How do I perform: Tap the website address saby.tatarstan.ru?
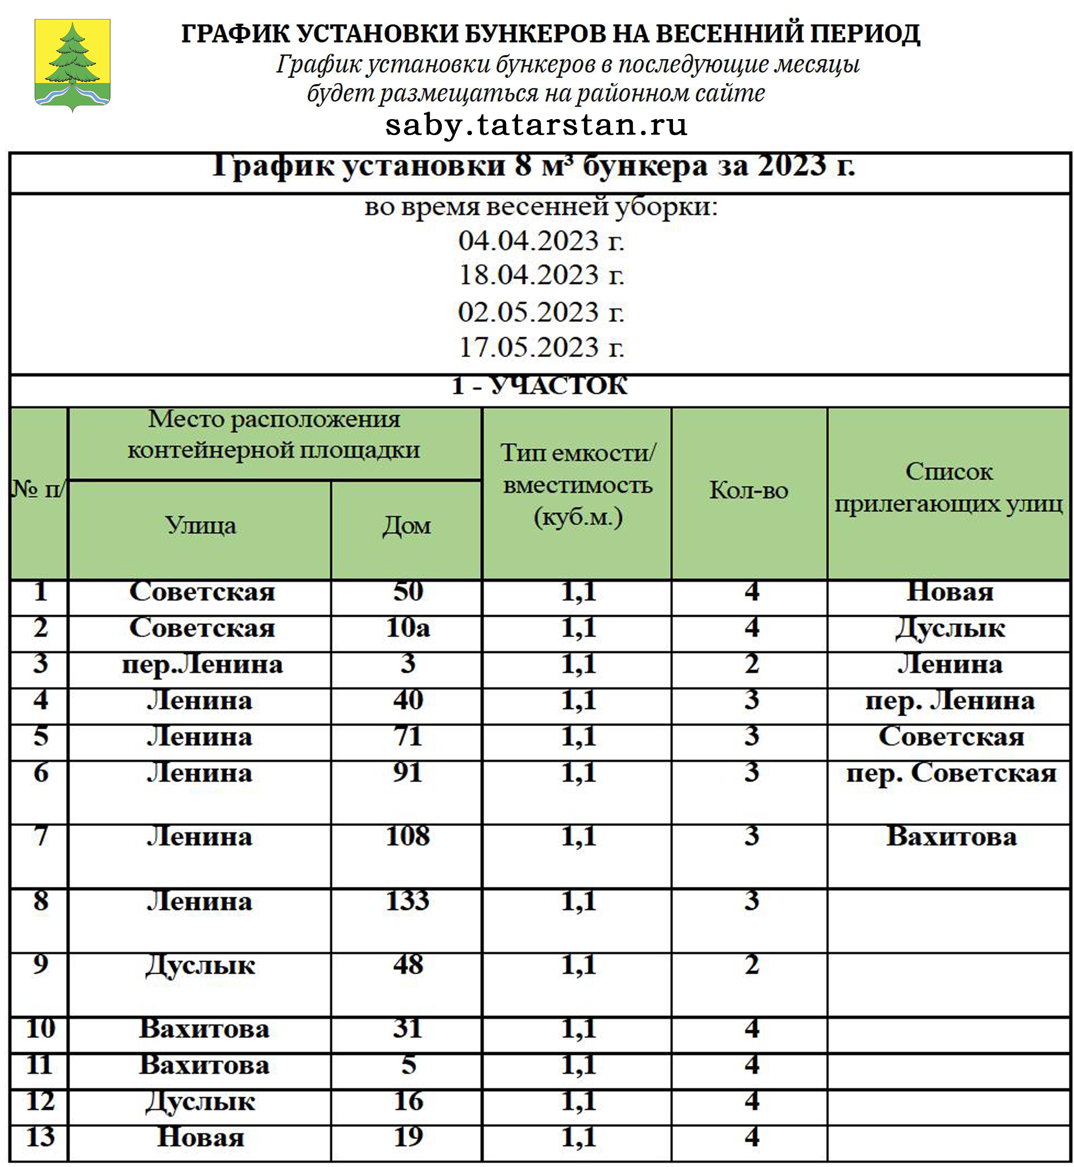tap(536, 125)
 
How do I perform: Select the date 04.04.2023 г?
tap(541, 241)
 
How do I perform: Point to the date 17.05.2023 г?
tap(541, 348)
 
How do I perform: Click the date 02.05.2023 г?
tap(541, 312)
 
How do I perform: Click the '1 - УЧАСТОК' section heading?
tap(539, 386)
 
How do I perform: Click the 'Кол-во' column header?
tap(748, 491)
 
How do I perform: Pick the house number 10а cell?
tap(408, 628)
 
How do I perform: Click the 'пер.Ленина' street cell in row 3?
tap(202, 664)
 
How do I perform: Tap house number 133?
tap(408, 901)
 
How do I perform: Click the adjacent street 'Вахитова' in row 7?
tap(951, 837)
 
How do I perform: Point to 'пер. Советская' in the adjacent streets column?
tap(951, 773)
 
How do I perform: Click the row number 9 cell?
tap(40, 964)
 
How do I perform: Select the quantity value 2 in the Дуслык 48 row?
tap(751, 965)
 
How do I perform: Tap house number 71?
tap(408, 736)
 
